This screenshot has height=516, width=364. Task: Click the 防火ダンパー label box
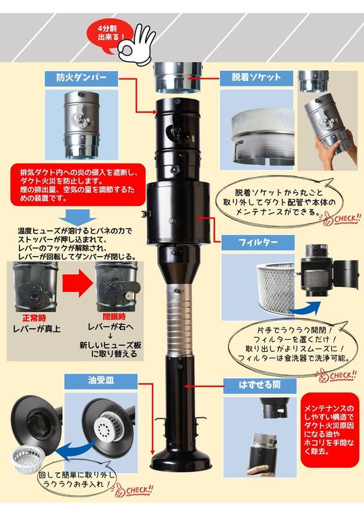point(82,78)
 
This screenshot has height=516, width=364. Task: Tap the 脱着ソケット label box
point(256,78)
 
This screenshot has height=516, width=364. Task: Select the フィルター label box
point(258,242)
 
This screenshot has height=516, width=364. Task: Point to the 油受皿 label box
point(101,381)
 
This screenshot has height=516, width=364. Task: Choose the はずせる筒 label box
point(260,385)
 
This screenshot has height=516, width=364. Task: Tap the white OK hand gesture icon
point(135,43)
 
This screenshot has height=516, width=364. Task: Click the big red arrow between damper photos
point(77,284)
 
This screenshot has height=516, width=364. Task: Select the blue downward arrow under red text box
point(78,217)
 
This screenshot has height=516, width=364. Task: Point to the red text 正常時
point(34,318)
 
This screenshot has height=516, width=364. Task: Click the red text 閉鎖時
point(114,317)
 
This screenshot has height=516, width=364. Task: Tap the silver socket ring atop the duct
point(178,78)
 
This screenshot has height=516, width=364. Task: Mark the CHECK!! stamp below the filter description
point(336,376)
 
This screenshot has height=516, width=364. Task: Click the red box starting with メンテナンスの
point(330,430)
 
